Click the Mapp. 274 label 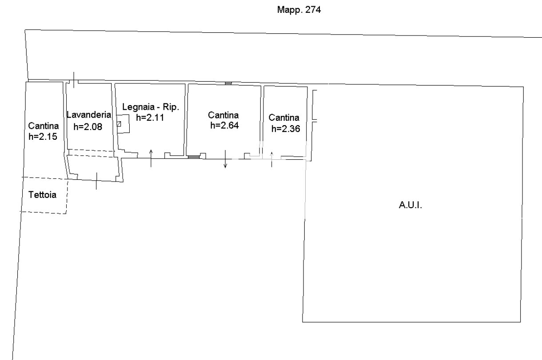tap(299, 10)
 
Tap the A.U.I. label tap(410, 205)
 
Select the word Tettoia tap(42, 194)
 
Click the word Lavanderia tap(89, 115)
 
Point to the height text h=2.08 tap(88, 127)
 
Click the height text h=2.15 tap(43, 136)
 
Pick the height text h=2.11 tap(150, 118)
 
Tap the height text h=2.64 tap(224, 125)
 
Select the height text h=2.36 tap(286, 129)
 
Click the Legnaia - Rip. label tap(151, 107)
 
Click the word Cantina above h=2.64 tap(223, 115)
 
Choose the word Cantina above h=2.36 tap(284, 118)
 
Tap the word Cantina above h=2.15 tap(43, 126)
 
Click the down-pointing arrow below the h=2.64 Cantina tap(225, 159)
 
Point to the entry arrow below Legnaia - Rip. tap(151, 158)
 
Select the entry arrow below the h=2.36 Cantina tap(271, 159)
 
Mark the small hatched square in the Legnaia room tap(119, 124)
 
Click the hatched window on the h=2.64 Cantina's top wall tap(228, 83)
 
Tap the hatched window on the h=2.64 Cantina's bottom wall tap(194, 157)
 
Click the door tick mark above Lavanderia tap(74, 80)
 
